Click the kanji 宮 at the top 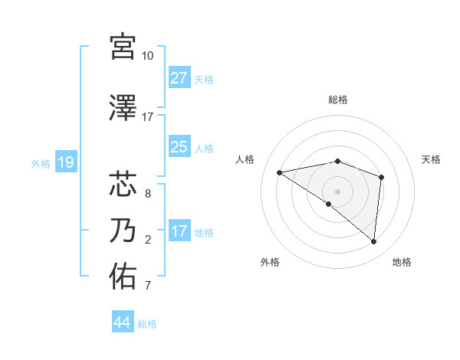[x=123, y=47]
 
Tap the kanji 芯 [x=123, y=185]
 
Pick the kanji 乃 [x=123, y=231]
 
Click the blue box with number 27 [x=179, y=77]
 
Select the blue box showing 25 [x=179, y=146]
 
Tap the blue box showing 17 [x=179, y=231]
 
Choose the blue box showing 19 [x=65, y=162]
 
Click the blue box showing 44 [x=123, y=322]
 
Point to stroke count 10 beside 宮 [x=147, y=56]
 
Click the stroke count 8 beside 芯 [x=147, y=193]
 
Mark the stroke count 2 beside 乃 [x=147, y=240]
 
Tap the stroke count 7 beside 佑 [x=147, y=286]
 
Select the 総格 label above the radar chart [x=337, y=100]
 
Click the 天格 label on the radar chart [x=431, y=159]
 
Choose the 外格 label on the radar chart [x=270, y=262]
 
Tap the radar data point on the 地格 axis [x=373, y=242]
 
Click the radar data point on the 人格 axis [x=279, y=172]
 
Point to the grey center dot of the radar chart [x=337, y=191]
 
